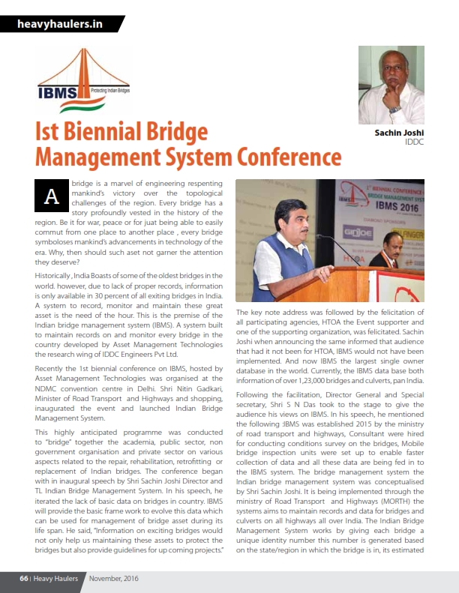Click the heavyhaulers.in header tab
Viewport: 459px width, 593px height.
click(x=60, y=24)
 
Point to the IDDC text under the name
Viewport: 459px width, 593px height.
click(x=414, y=142)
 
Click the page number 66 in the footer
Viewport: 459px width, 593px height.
click(x=24, y=579)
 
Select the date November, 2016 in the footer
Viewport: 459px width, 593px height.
click(x=113, y=579)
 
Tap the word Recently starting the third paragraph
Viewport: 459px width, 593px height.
click(x=55, y=367)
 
